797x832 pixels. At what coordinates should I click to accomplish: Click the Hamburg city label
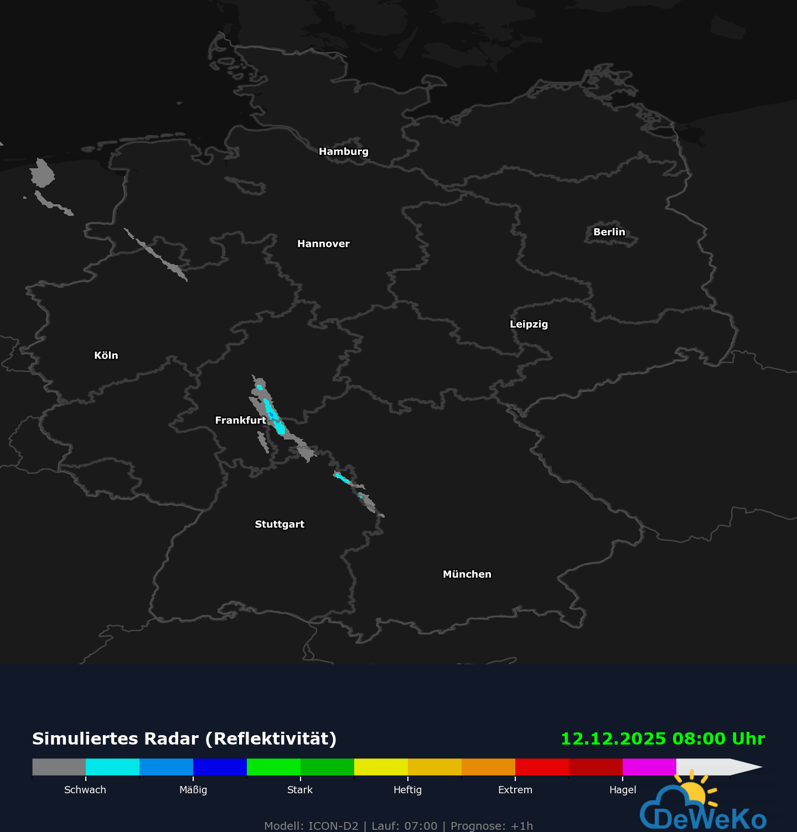coord(343,152)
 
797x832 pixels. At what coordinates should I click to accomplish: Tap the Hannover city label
coord(323,244)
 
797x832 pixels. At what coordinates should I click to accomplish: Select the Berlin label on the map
coord(609,232)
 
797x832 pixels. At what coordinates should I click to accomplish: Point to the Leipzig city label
coord(529,324)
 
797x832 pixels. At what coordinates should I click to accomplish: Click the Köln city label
coord(106,356)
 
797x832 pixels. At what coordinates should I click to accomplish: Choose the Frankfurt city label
coord(240,421)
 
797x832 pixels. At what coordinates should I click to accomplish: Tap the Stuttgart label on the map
coord(280,524)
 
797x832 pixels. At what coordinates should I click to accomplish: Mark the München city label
coord(467,575)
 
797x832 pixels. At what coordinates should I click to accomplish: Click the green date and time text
coord(663,739)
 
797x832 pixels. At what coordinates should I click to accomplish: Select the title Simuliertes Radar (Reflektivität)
coord(184,739)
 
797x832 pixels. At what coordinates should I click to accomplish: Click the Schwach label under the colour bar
coord(85,790)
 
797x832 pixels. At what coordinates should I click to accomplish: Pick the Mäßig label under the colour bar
coord(193,790)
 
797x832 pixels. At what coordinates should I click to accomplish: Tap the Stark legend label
coord(300,790)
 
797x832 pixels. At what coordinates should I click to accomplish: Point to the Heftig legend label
coord(407,790)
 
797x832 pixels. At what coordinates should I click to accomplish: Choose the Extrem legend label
coord(515,790)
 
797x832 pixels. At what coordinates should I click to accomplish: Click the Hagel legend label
coord(623,790)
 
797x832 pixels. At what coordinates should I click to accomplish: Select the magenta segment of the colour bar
coord(649,767)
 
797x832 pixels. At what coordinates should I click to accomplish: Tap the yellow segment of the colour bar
coord(381,767)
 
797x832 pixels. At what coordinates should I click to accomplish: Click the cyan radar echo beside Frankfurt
coord(273,415)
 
